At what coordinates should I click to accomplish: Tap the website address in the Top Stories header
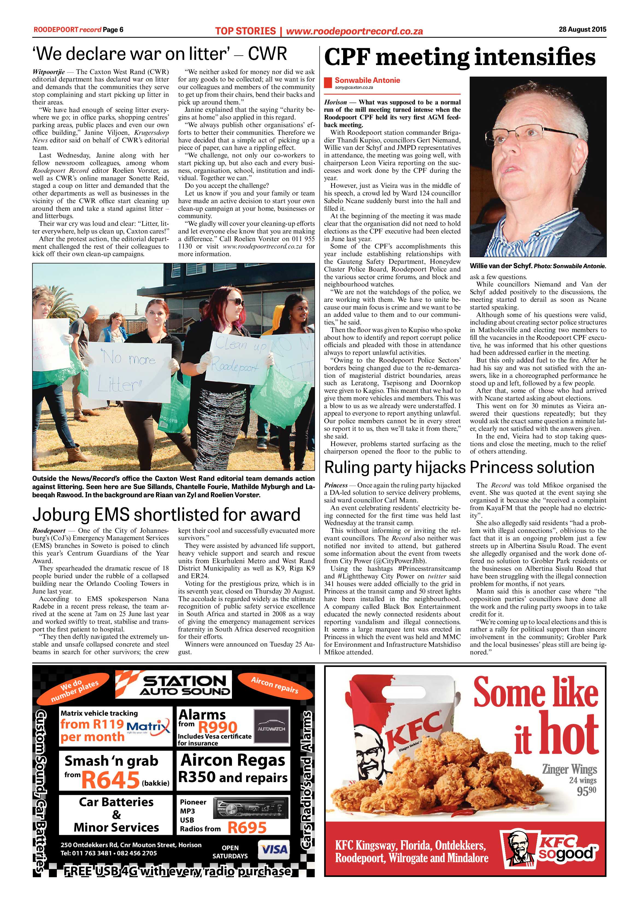coord(354,31)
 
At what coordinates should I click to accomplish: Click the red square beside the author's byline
coord(327,83)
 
